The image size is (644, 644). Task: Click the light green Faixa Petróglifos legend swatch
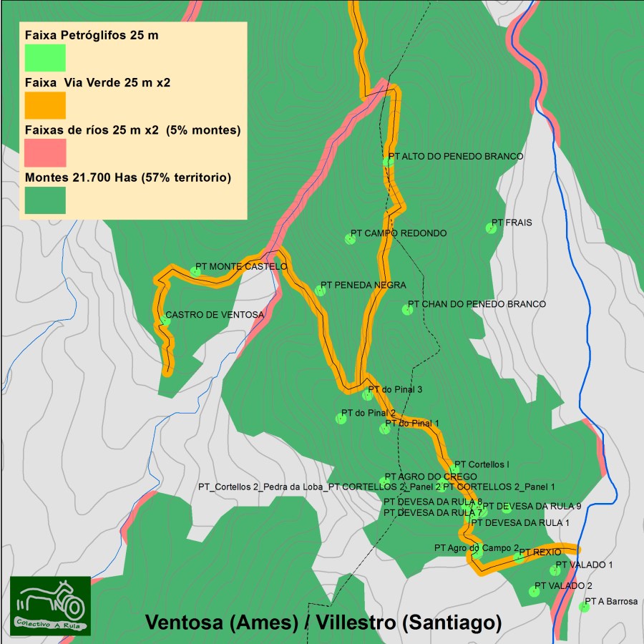tap(45, 58)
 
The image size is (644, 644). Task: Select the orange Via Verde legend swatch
tap(45, 105)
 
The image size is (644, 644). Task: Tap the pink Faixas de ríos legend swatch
tap(45, 152)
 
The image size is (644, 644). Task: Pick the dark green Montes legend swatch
tap(45, 200)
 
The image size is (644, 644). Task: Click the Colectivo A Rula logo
tap(50, 605)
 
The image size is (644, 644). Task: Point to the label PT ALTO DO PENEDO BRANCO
tap(456, 156)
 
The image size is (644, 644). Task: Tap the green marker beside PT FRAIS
tap(491, 228)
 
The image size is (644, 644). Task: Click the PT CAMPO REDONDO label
tap(399, 233)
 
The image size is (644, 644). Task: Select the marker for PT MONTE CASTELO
tap(195, 271)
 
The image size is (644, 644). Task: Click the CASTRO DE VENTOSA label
tap(215, 315)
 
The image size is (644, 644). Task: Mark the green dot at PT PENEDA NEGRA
tap(320, 291)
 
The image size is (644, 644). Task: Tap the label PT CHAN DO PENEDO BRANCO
tap(477, 304)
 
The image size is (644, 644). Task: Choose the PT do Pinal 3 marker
tap(368, 395)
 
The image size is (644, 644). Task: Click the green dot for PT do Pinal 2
tap(341, 419)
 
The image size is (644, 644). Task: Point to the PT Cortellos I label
tap(482, 464)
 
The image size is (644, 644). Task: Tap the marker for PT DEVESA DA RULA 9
tap(507, 508)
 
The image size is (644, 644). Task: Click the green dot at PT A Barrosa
tap(584, 608)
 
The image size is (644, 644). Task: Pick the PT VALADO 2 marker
tap(533, 591)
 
